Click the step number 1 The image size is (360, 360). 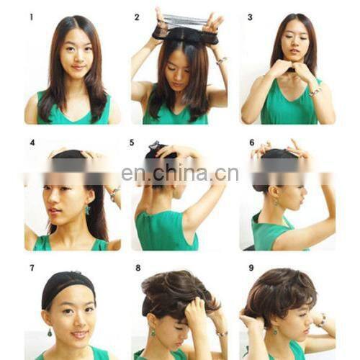pyautogui.click(x=32, y=17)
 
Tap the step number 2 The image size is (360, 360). pyautogui.click(x=137, y=17)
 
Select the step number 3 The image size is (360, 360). pyautogui.click(x=250, y=17)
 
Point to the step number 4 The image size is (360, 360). pyautogui.click(x=32, y=143)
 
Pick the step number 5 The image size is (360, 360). pyautogui.click(x=132, y=143)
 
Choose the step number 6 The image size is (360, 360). pyautogui.click(x=252, y=143)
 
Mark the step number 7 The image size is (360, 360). pyautogui.click(x=32, y=268)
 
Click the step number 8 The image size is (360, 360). pyautogui.click(x=138, y=268)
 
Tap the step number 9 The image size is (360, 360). pyautogui.click(x=251, y=268)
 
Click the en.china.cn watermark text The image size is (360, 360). pyautogui.click(x=180, y=173)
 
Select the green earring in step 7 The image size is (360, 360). pyautogui.click(x=50, y=332)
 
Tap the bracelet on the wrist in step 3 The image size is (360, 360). pyautogui.click(x=315, y=92)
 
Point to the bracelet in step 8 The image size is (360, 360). pyautogui.click(x=222, y=333)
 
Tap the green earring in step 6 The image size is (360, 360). pyautogui.click(x=275, y=202)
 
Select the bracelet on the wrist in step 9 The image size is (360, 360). pyautogui.click(x=322, y=320)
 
